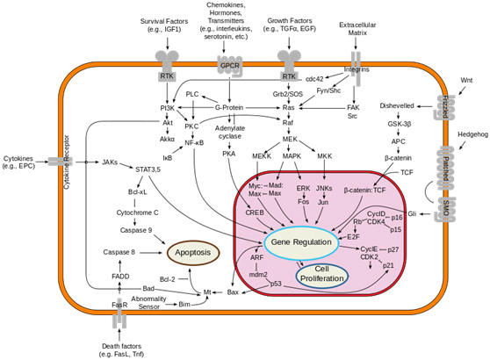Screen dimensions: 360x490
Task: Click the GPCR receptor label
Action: point(229,65)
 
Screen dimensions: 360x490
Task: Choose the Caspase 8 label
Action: point(119,252)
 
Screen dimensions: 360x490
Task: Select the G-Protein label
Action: point(229,108)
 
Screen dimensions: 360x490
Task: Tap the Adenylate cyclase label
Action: point(229,133)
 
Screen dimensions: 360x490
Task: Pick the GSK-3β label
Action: point(403,124)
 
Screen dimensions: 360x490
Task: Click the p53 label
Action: point(276,284)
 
